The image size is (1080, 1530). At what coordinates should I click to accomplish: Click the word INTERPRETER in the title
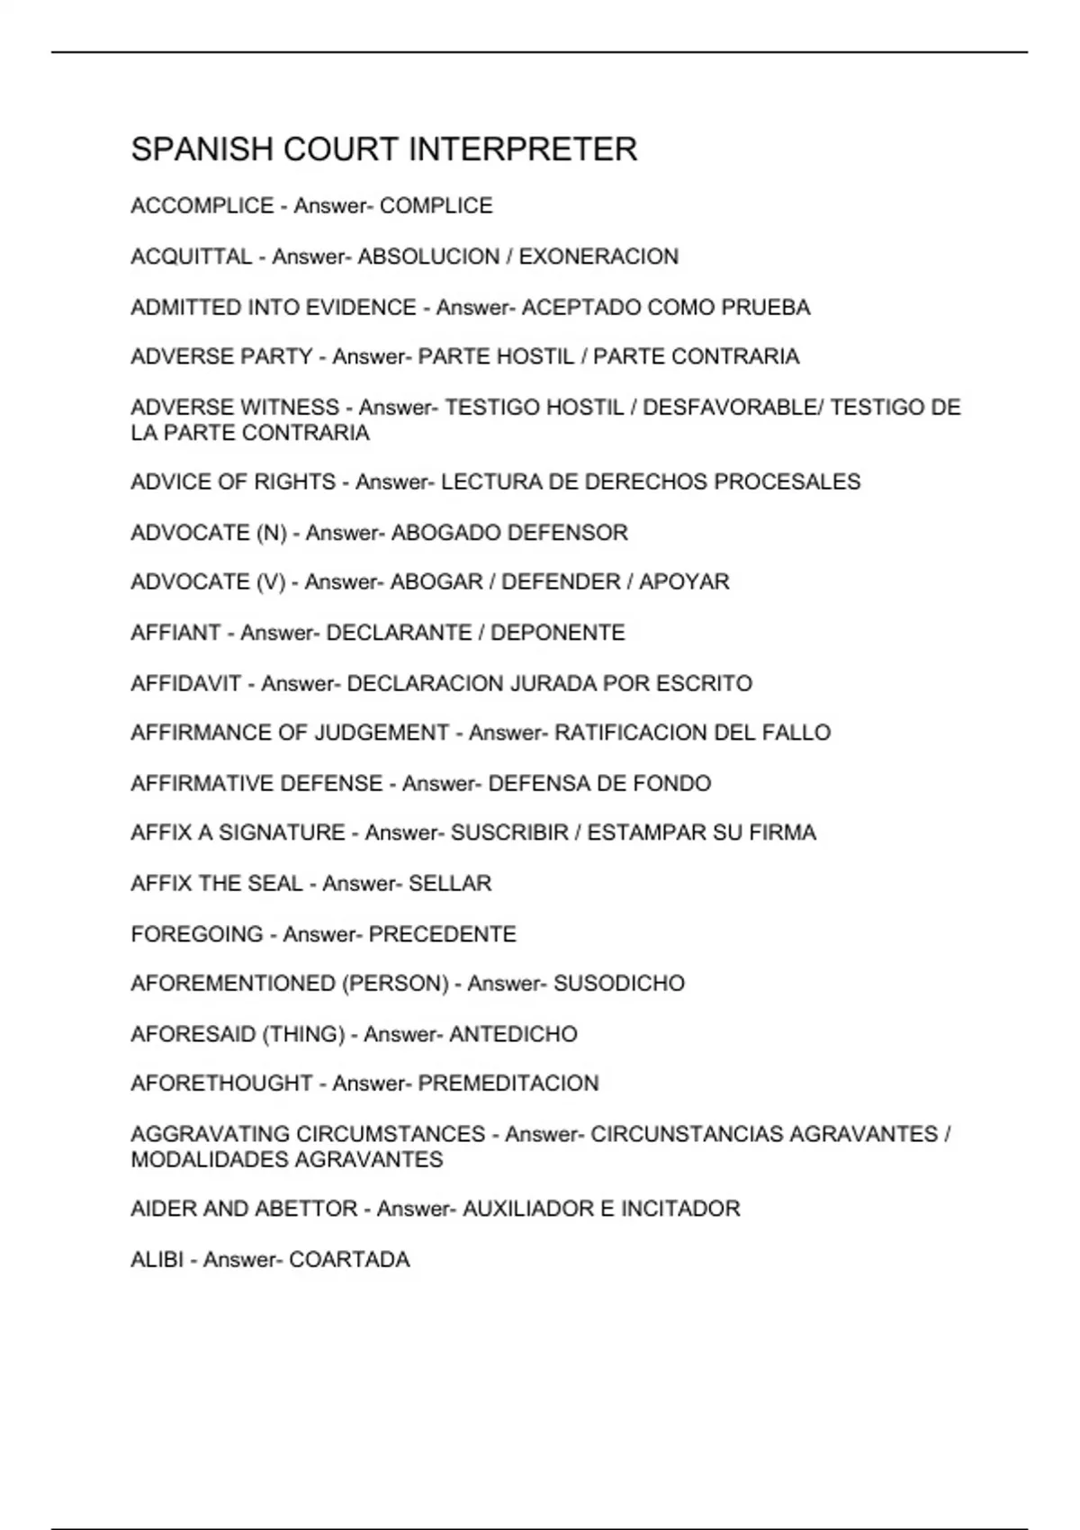(523, 149)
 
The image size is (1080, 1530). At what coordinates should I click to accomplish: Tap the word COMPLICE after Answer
(436, 206)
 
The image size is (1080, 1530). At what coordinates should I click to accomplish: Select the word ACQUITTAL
(192, 256)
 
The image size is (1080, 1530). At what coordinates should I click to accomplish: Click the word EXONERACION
(598, 256)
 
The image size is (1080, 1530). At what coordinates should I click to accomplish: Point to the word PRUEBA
(766, 308)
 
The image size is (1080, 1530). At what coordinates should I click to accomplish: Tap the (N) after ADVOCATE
(271, 533)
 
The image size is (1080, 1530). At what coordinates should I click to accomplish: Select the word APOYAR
(684, 582)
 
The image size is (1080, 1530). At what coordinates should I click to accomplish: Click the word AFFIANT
(175, 633)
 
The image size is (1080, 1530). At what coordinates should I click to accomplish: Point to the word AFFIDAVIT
(186, 684)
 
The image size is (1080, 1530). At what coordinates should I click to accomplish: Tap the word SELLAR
(450, 884)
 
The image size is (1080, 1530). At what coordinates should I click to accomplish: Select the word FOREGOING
(197, 934)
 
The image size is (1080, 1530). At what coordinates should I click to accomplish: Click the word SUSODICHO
(619, 984)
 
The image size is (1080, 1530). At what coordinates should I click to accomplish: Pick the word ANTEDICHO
(513, 1034)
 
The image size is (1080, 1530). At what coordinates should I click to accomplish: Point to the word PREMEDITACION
(508, 1084)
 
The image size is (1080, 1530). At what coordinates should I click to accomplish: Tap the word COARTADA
(349, 1259)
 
